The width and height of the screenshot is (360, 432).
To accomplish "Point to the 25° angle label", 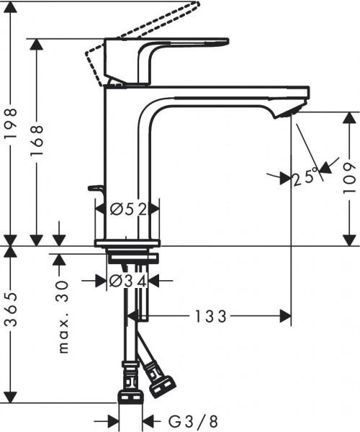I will tap(306, 176).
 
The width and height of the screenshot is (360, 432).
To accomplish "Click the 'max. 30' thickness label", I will tap(63, 317).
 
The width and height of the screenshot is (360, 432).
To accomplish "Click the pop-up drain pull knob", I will tap(95, 189).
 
